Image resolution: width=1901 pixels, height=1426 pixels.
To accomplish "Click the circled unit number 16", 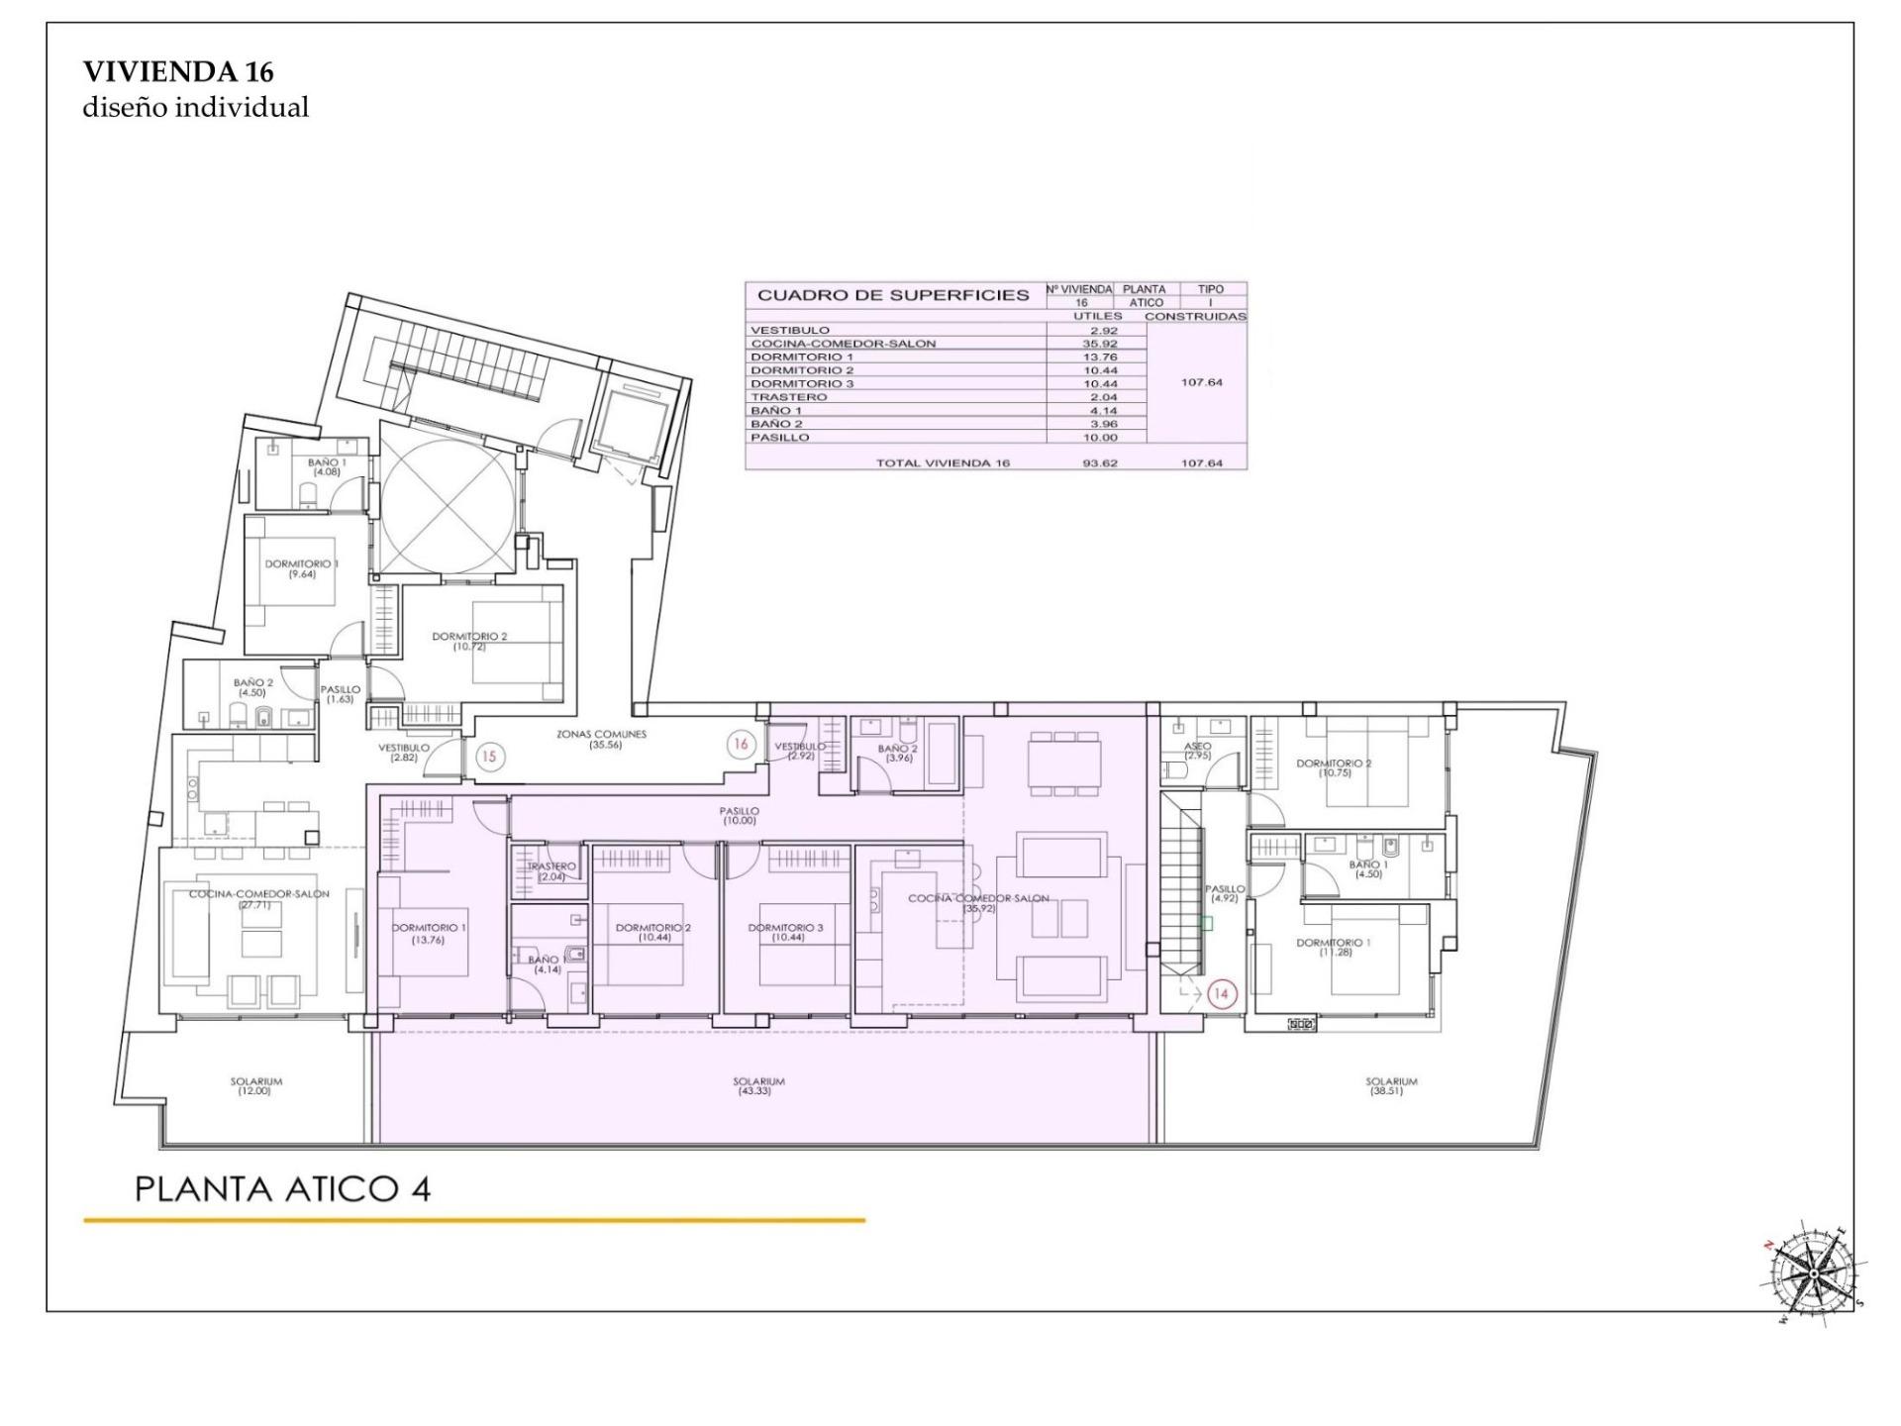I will pyautogui.click(x=740, y=745).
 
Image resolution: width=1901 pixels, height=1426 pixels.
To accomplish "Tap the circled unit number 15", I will pyautogui.click(x=488, y=757).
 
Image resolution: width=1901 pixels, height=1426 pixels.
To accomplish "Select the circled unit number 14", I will pyautogui.click(x=1222, y=993).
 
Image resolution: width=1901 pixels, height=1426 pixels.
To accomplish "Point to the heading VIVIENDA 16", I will pyautogui.click(x=178, y=71).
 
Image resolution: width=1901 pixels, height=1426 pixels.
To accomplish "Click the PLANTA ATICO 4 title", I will pyautogui.click(x=282, y=1188).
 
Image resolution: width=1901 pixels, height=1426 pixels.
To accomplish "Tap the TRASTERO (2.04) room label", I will pyautogui.click(x=550, y=871).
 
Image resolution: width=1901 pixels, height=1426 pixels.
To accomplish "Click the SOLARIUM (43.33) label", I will pyautogui.click(x=758, y=1086).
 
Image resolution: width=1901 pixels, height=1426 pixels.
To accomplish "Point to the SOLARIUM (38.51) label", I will pyautogui.click(x=1391, y=1086).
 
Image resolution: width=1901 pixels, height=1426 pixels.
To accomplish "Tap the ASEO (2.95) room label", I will pyautogui.click(x=1197, y=751).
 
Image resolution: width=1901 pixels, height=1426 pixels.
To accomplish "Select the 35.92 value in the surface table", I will pyautogui.click(x=1099, y=344).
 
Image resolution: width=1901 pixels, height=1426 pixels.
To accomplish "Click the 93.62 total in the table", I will pyautogui.click(x=1099, y=462).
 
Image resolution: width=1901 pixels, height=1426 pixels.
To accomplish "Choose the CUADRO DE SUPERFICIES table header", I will pyautogui.click(x=893, y=295).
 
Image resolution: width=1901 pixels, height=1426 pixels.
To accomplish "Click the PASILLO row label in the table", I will pyautogui.click(x=780, y=437).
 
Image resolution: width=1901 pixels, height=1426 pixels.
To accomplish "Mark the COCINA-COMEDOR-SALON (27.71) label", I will pyautogui.click(x=258, y=898).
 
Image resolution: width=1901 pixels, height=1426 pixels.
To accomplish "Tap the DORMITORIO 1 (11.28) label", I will pyautogui.click(x=1333, y=947).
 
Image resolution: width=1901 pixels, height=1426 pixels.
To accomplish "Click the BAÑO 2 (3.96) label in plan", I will pyautogui.click(x=897, y=753).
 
